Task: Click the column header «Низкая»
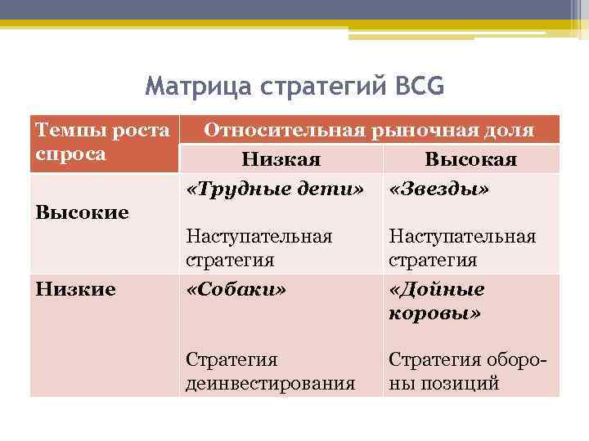(x=281, y=159)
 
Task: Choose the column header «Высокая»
(x=471, y=159)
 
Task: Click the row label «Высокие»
(x=83, y=212)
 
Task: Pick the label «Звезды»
(x=439, y=189)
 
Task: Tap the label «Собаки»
(x=236, y=290)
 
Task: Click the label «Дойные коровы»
(x=437, y=301)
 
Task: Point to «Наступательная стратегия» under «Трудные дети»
(x=259, y=248)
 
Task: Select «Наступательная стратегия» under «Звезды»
(x=462, y=248)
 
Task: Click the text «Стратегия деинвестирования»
(x=270, y=372)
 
